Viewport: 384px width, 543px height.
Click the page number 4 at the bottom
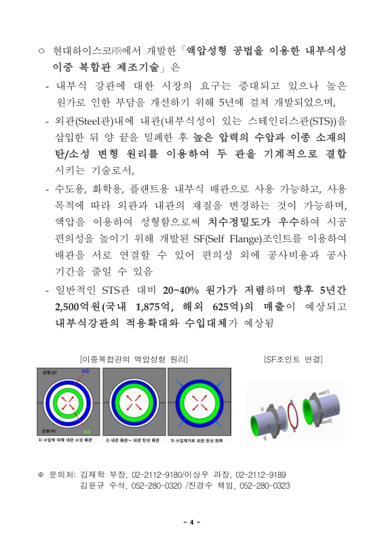[192, 521]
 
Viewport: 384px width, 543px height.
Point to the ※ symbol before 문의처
[41, 474]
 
